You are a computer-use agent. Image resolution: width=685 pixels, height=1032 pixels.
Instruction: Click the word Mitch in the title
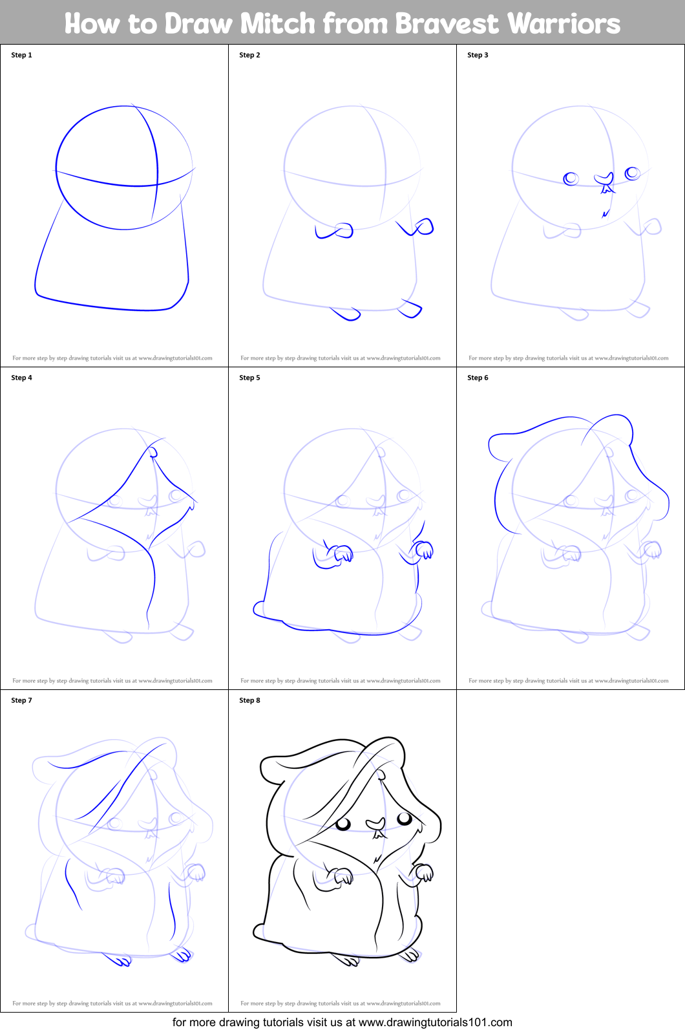click(x=278, y=24)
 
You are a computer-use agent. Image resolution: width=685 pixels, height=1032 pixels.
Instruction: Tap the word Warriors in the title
click(x=564, y=24)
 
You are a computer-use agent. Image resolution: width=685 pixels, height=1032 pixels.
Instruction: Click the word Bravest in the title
click(x=447, y=24)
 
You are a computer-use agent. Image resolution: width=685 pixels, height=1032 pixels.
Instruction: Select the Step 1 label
click(x=21, y=55)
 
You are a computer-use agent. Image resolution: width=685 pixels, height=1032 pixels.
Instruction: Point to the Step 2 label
click(x=249, y=55)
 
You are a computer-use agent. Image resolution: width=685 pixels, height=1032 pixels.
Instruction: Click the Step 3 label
click(x=478, y=55)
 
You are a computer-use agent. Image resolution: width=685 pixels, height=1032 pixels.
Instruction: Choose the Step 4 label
click(x=21, y=378)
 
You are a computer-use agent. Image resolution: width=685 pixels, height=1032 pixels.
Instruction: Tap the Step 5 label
click(x=249, y=378)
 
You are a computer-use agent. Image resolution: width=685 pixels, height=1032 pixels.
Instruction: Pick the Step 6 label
click(x=478, y=378)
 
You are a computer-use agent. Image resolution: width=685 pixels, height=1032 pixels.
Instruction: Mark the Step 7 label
click(x=21, y=700)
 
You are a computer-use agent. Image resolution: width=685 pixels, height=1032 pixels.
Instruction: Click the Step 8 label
click(x=249, y=700)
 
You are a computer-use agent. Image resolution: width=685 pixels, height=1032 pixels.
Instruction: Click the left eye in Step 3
click(x=571, y=178)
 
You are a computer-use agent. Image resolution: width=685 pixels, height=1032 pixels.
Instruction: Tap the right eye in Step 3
click(x=632, y=173)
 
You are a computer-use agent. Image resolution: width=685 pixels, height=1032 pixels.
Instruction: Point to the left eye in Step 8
click(x=343, y=824)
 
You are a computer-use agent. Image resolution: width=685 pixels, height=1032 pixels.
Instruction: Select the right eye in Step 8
click(x=405, y=819)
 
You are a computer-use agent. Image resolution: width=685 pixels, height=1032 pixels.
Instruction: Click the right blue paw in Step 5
click(x=425, y=550)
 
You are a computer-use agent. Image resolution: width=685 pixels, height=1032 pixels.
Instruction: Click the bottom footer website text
click(x=342, y=1022)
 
